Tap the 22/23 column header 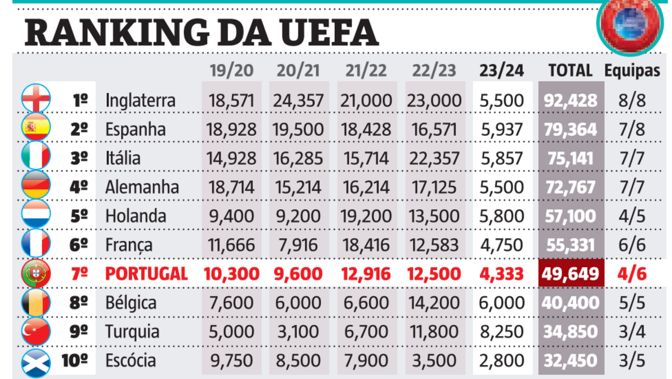pyautogui.click(x=434, y=71)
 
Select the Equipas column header pyautogui.click(x=632, y=71)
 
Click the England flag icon pyautogui.click(x=36, y=100)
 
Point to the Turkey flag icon pyautogui.click(x=36, y=331)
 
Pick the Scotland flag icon pyautogui.click(x=36, y=360)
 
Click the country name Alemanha pyautogui.click(x=142, y=187)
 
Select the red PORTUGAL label pyautogui.click(x=146, y=274)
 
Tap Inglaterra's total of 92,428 pyautogui.click(x=571, y=101)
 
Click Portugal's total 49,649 pyautogui.click(x=571, y=274)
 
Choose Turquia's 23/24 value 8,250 pyautogui.click(x=502, y=331)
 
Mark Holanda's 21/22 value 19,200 pyautogui.click(x=367, y=216)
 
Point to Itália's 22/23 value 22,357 pyautogui.click(x=435, y=158)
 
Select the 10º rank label pyautogui.click(x=74, y=360)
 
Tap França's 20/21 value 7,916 pyautogui.click(x=298, y=245)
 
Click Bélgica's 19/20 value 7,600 pyautogui.click(x=231, y=303)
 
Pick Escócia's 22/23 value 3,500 pyautogui.click(x=435, y=360)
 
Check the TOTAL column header pyautogui.click(x=570, y=71)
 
